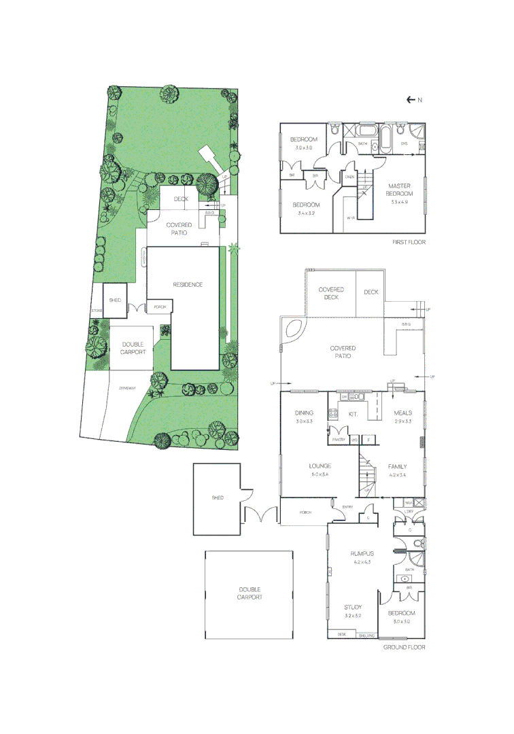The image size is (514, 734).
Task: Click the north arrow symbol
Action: [411, 100]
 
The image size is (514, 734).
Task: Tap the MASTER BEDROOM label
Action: [400, 190]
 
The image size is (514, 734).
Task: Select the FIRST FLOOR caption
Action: [409, 242]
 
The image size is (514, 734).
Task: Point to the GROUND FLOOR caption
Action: [404, 648]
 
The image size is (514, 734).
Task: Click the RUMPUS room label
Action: [363, 553]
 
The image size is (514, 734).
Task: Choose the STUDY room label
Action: [353, 607]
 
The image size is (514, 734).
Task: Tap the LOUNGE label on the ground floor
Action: [319, 466]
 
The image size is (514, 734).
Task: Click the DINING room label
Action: [303, 413]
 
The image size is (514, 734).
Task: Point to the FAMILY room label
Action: [398, 466]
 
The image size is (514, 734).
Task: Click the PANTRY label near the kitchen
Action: [339, 440]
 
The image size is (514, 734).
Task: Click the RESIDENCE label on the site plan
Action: [188, 285]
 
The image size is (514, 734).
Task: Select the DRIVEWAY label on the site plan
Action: [128, 387]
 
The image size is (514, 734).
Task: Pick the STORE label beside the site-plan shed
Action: [97, 311]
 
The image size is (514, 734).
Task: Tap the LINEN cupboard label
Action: [349, 177]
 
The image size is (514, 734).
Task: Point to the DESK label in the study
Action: [341, 635]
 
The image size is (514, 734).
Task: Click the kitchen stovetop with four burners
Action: [334, 413]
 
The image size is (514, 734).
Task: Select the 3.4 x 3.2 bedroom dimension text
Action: [305, 213]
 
